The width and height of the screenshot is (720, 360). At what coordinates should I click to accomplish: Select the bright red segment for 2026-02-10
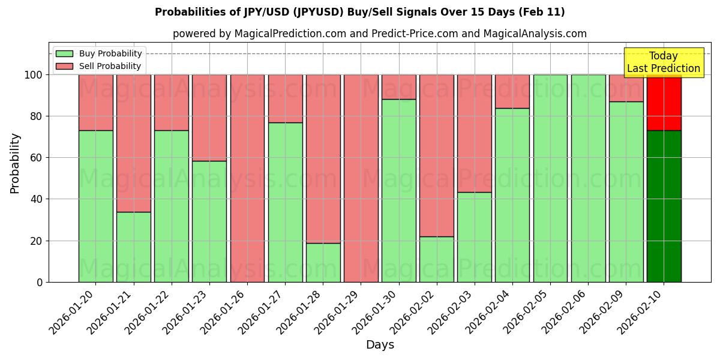pos(664,102)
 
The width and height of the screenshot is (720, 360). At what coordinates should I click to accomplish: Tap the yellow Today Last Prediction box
pos(663,62)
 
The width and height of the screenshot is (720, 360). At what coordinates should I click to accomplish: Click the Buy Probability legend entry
pos(99,53)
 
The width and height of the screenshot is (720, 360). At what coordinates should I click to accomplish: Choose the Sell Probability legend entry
pos(99,66)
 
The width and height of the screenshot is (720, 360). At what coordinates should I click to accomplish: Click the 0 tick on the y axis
pos(40,282)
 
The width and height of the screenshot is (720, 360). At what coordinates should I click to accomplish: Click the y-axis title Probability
pos(15,163)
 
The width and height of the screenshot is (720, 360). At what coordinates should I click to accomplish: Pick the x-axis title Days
pos(380,345)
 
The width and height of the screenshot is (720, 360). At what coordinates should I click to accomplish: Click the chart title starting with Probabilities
pos(360,12)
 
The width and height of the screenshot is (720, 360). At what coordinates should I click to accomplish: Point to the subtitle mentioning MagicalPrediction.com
pos(380,34)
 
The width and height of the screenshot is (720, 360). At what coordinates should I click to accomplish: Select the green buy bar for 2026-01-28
pos(323,262)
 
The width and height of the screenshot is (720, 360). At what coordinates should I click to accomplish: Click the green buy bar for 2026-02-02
pos(437,259)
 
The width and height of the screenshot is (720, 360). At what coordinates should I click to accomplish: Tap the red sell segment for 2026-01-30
pos(399,87)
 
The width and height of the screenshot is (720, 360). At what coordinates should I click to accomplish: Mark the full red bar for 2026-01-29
pos(361,178)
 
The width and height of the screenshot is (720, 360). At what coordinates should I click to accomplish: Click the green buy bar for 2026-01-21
pos(133,247)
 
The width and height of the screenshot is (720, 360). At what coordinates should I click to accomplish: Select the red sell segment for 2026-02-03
pos(475,133)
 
